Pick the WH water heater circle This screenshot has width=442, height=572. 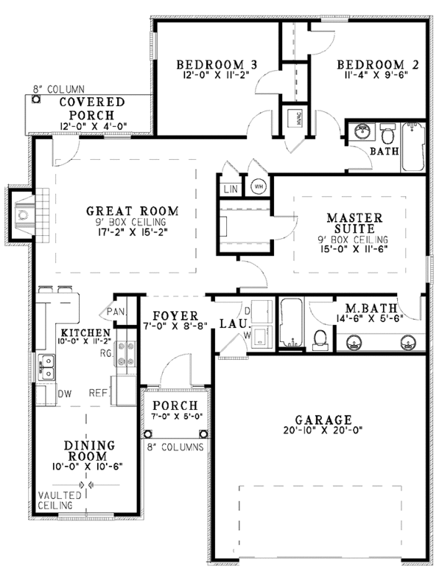(x=259, y=186)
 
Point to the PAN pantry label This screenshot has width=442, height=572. (x=116, y=313)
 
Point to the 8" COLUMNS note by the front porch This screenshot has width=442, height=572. (x=175, y=447)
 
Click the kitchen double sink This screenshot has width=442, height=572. (x=47, y=365)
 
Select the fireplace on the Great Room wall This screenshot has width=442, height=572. (x=22, y=214)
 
